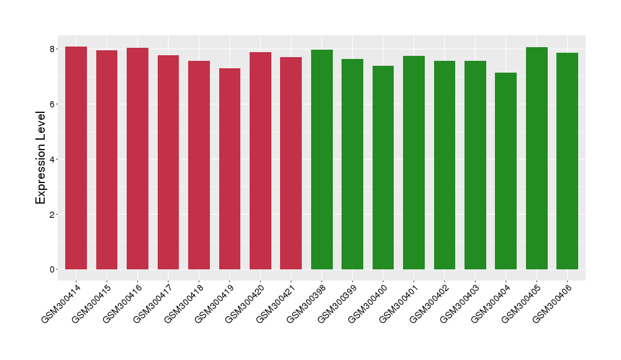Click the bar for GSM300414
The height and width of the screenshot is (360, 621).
pos(76,158)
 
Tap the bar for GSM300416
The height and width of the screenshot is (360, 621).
pos(137,158)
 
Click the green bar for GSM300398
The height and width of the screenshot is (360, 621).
pos(322,160)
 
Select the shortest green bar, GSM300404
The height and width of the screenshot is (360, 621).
pos(505,171)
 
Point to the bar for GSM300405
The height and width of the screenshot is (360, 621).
pos(537,158)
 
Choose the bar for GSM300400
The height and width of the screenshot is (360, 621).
pos(383,168)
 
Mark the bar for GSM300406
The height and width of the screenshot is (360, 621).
pos(567,161)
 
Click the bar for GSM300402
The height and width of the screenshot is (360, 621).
pos(445,165)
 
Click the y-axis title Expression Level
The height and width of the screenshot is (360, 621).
pos(41,158)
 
